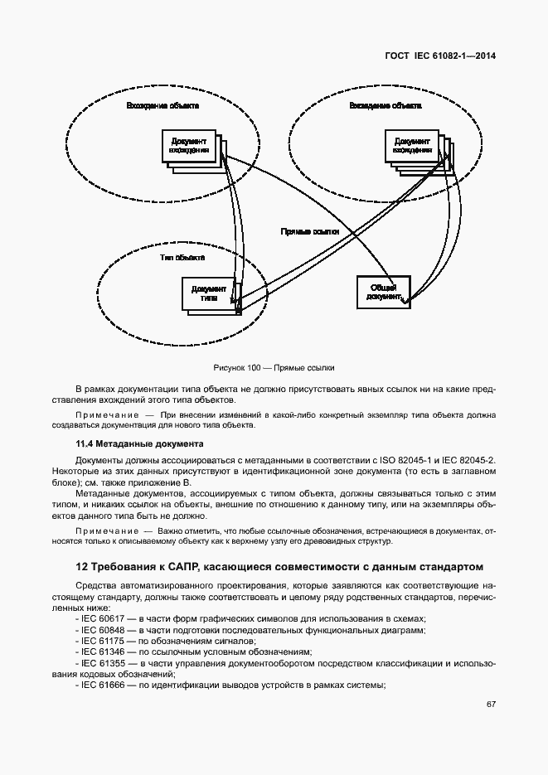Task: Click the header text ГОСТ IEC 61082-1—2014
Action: [x=447, y=56]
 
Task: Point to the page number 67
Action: [x=491, y=704]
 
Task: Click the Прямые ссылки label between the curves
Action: [x=309, y=233]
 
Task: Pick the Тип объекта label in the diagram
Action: [x=182, y=258]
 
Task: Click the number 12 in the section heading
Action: [x=81, y=567]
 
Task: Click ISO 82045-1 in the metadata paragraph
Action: [x=404, y=459]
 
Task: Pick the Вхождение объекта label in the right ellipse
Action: [x=385, y=106]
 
